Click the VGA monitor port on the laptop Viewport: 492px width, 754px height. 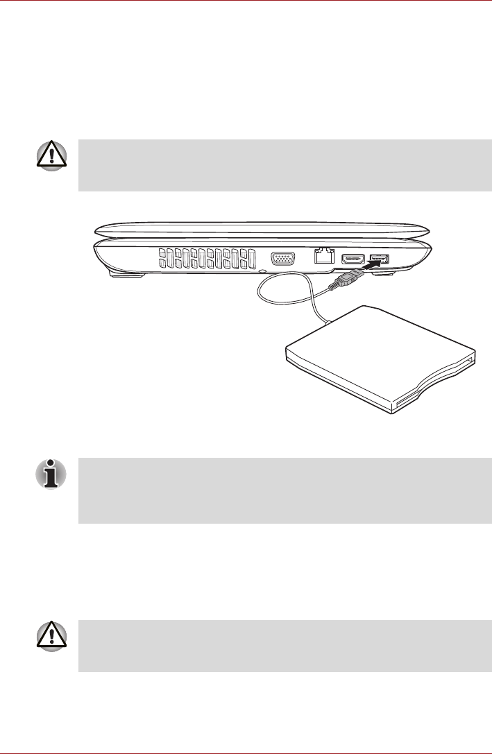[x=282, y=259]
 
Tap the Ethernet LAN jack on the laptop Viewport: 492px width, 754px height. [x=321, y=257]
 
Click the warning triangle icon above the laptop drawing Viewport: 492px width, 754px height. [x=51, y=157]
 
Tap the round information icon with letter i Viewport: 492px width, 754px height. [x=51, y=474]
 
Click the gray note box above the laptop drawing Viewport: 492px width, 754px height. [x=285, y=165]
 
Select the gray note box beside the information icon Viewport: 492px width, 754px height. [x=285, y=490]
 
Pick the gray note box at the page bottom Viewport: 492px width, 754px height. [x=285, y=646]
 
